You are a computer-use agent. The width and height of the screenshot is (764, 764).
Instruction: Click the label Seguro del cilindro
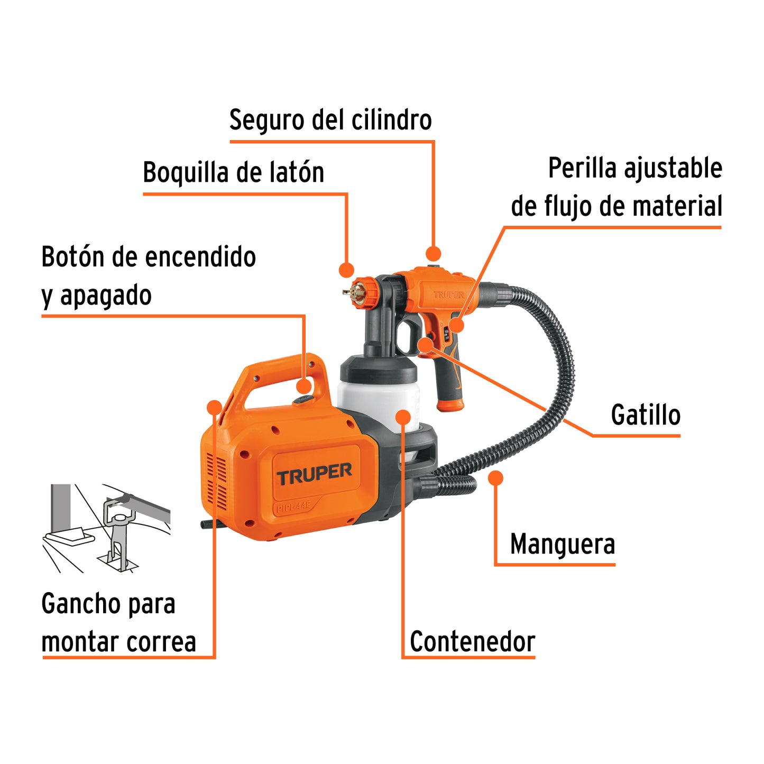(330, 120)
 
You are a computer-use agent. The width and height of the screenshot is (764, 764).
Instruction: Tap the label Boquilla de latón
(233, 172)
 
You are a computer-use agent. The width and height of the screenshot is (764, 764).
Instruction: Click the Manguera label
(562, 544)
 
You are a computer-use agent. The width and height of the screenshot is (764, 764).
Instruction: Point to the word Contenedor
(472, 641)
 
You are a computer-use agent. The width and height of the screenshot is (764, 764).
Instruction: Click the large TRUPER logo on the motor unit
(315, 473)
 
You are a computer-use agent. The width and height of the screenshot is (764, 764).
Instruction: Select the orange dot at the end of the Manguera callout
(495, 478)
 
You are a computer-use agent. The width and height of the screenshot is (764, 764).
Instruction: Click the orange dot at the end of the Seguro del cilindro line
(433, 254)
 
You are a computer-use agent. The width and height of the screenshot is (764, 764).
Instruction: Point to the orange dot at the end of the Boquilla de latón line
(346, 270)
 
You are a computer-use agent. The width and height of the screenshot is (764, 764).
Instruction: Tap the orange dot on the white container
(403, 417)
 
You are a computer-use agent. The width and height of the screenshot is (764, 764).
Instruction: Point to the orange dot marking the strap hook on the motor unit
(214, 407)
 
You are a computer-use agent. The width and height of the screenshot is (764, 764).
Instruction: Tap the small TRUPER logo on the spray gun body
(448, 294)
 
